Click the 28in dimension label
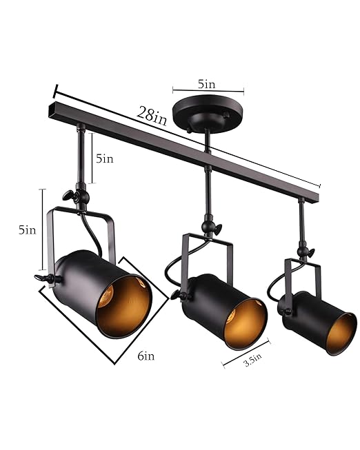pos(152,115)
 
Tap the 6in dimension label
pos(146,356)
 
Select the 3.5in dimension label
pos(252,359)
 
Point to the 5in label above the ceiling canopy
pos(207,85)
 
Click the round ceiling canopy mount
pos(205,114)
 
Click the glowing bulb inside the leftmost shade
pos(106,298)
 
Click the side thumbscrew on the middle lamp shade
pos(179,295)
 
